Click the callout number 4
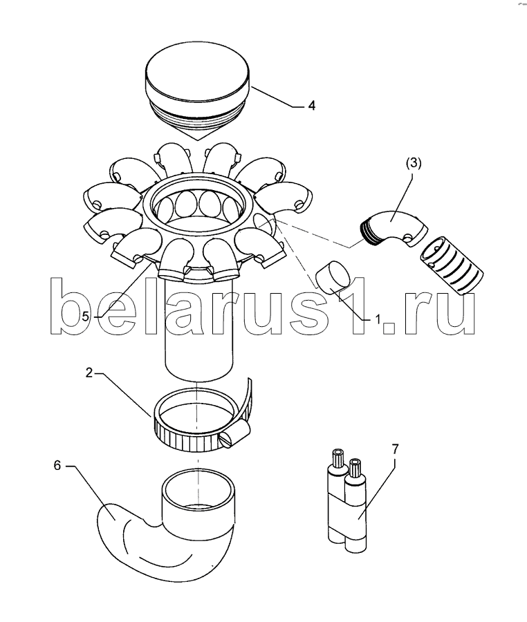312,106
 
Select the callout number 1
378,319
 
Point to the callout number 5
86,317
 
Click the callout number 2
89,373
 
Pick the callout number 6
57,465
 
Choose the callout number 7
395,449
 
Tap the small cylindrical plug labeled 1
333,278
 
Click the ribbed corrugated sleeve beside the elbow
452,266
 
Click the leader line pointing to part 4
277,97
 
